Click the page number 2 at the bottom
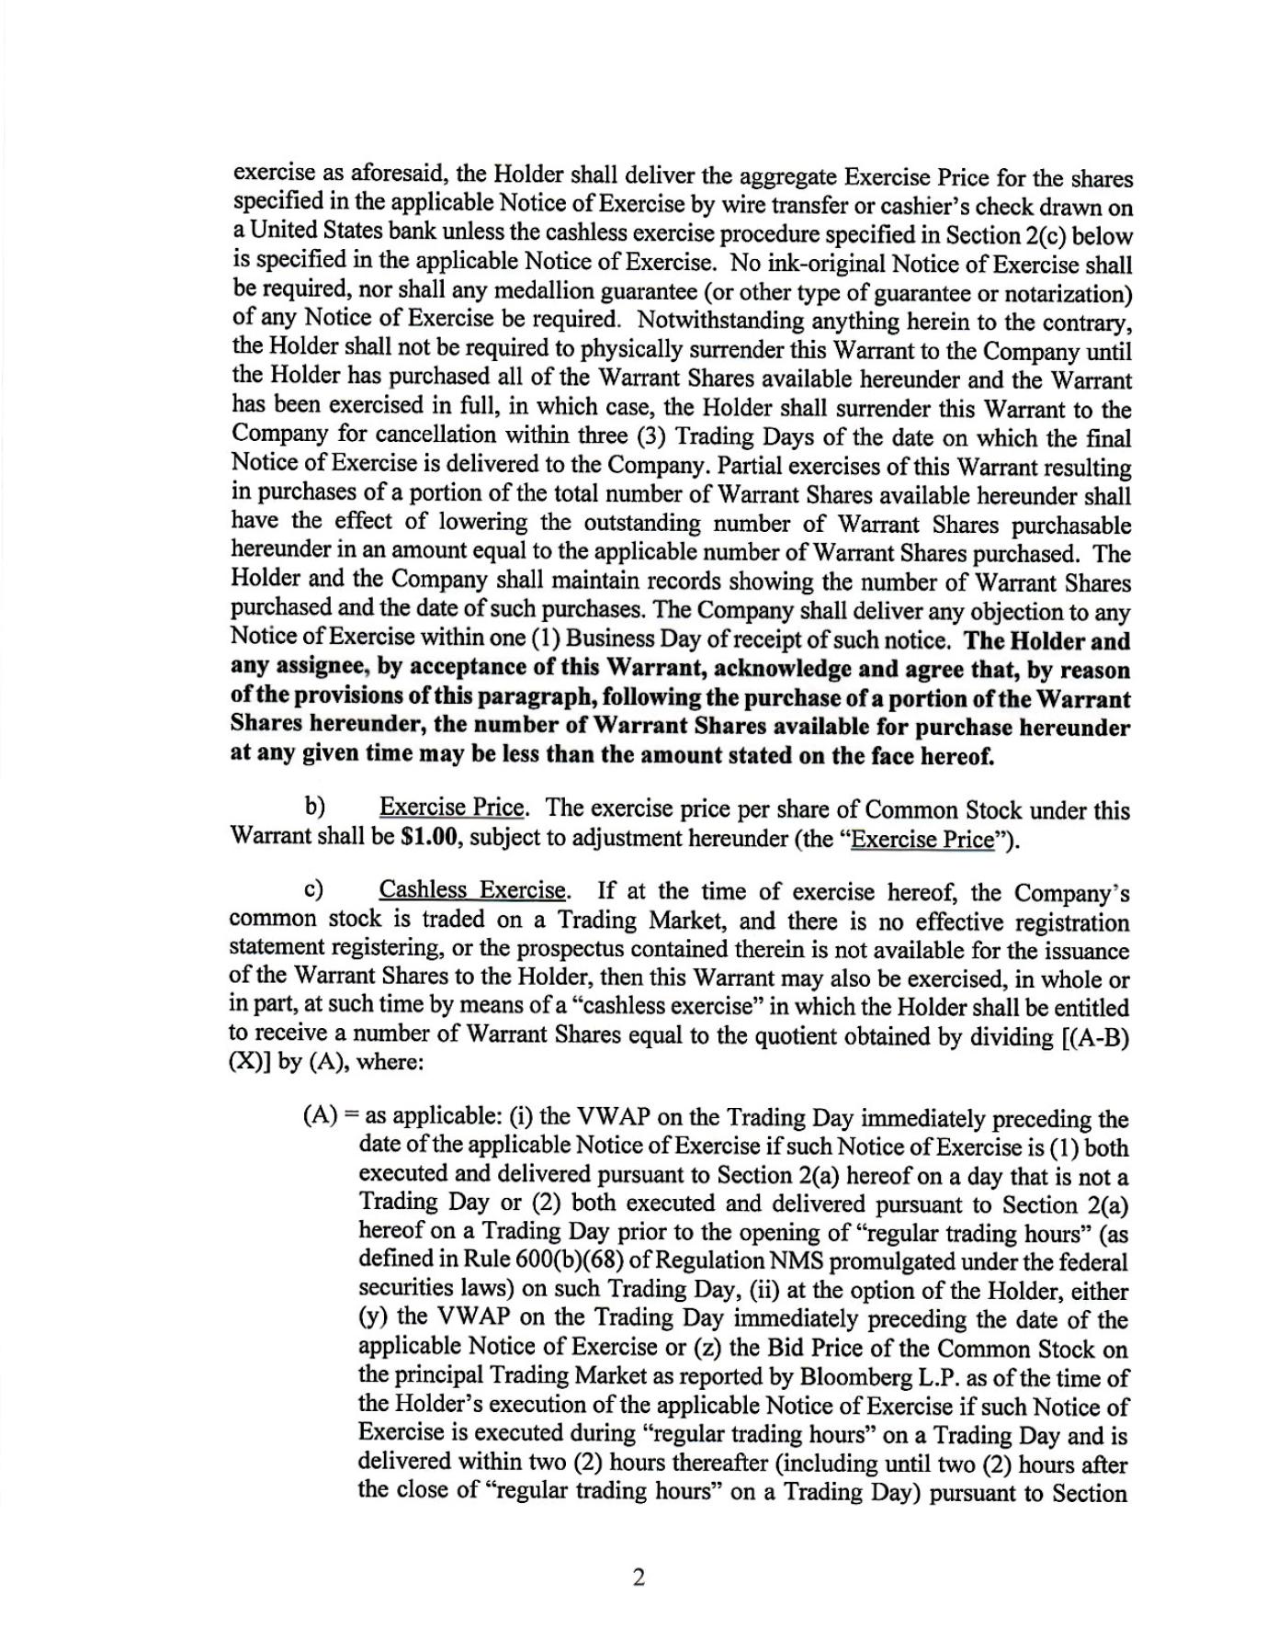tap(639, 1577)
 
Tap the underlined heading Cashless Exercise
tap(473, 890)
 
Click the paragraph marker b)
tap(315, 808)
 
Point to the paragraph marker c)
tap(315, 890)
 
